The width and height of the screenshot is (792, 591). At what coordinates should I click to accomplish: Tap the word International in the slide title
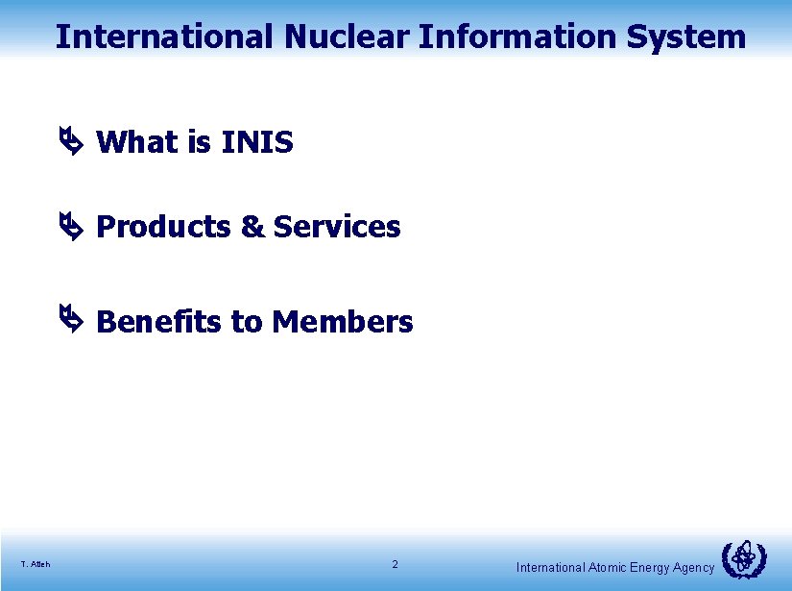click(164, 37)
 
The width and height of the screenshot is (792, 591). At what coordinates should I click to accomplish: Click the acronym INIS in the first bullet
click(256, 142)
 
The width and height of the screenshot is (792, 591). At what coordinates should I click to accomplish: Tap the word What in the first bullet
click(138, 142)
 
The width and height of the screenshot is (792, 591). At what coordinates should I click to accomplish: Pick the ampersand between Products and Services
click(252, 227)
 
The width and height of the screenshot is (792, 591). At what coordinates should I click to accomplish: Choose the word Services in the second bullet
click(337, 227)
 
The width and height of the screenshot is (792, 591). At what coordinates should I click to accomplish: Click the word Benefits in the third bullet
click(159, 321)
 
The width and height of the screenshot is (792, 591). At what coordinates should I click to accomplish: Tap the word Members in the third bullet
click(343, 321)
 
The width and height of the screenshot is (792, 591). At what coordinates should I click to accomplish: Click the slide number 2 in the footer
click(395, 564)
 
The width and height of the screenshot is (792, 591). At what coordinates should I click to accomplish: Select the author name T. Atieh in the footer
click(36, 564)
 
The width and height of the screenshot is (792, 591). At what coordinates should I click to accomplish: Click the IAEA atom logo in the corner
click(744, 559)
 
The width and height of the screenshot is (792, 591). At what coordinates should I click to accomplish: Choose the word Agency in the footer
click(693, 568)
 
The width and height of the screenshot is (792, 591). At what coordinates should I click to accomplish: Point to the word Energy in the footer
click(650, 568)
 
